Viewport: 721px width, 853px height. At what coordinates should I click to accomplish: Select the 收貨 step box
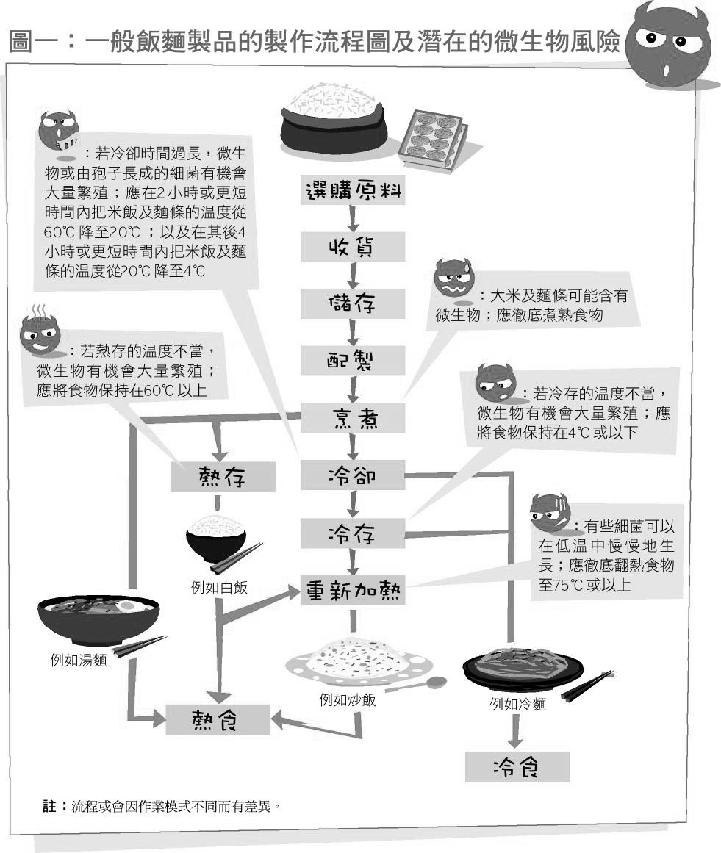[x=353, y=248]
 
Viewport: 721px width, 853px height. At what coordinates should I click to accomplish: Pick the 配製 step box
[x=353, y=361]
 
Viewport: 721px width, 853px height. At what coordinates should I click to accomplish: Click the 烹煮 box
[x=353, y=418]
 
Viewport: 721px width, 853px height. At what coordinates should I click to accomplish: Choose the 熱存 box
[x=223, y=476]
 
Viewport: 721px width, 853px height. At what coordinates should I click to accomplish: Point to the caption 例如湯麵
[x=78, y=661]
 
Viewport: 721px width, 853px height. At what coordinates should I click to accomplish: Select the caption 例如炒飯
[x=347, y=700]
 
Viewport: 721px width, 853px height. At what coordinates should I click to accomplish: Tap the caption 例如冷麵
[x=517, y=705]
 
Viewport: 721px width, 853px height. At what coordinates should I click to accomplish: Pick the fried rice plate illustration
[x=360, y=658]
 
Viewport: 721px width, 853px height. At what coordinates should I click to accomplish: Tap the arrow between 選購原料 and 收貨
[x=353, y=218]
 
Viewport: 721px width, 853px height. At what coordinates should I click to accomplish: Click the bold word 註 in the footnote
[x=50, y=806]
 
